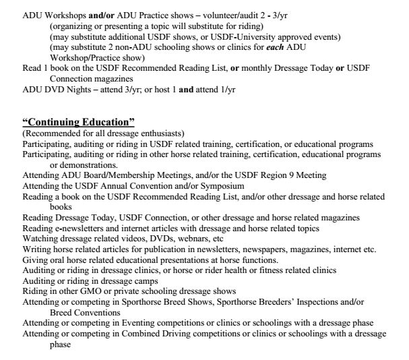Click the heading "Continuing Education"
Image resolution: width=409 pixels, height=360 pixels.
79,122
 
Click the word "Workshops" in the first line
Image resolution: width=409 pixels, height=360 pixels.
63,15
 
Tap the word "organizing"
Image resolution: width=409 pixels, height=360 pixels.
72,26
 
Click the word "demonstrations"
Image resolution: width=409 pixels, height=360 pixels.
82,164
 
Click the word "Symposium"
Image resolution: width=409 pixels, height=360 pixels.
197,186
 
